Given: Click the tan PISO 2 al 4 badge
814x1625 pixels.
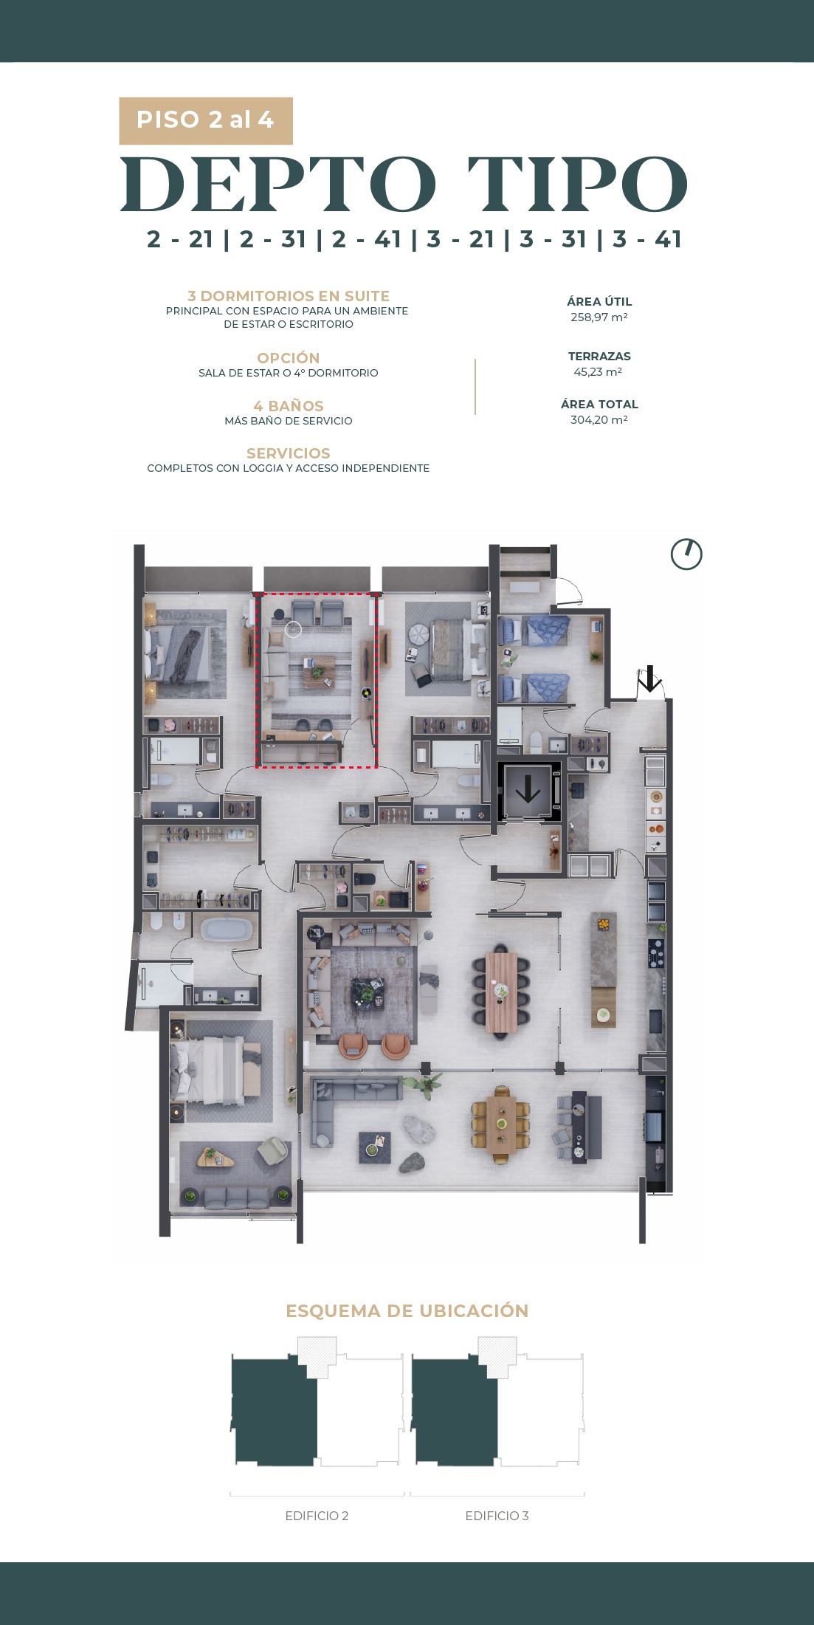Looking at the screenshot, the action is pos(206,120).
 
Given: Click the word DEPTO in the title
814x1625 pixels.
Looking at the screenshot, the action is pos(278,185).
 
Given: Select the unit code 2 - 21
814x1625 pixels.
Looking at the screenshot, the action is pos(180,239).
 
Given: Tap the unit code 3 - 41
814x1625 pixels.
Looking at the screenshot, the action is pos(646,239).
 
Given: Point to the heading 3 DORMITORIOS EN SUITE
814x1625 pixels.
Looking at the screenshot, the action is pos(289,296).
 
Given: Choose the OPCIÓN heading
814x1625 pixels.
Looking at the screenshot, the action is pos(289,358).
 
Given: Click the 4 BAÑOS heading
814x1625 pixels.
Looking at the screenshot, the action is pos(289,406).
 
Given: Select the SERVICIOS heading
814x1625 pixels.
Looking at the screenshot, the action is pos(289,453).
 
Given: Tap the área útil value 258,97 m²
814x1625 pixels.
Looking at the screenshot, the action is pos(599,317).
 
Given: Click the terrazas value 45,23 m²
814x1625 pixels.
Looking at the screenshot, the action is pos(599,372).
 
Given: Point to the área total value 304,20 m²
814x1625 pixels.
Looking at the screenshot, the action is pos(599,420).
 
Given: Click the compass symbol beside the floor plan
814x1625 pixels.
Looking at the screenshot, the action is pos(686,554).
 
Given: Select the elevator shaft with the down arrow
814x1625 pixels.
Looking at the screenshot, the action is pos(528,791).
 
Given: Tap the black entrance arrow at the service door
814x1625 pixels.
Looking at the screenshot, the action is pos(649,678).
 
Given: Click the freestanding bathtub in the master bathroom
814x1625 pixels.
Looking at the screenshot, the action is pos(226,928).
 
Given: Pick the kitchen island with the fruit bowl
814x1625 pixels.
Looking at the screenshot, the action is pos(604,969).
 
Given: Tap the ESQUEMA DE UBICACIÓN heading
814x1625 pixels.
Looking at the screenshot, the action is pos(407,1311).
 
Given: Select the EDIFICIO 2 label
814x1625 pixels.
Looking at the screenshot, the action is pos(317,1516).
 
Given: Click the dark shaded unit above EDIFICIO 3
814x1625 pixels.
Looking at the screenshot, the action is pos(455,1409).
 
